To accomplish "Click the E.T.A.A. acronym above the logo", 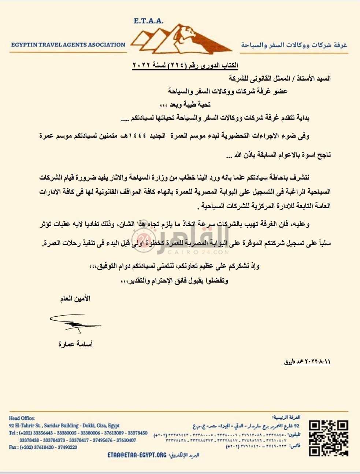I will (x=149, y=21).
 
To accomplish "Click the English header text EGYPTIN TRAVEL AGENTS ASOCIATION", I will (x=68, y=45).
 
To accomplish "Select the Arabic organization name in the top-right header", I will (x=294, y=45).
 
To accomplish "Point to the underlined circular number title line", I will (x=185, y=66).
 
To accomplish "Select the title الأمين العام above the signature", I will (x=75, y=299).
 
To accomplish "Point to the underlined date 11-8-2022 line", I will (x=307, y=362).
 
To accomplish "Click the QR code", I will (x=328, y=438).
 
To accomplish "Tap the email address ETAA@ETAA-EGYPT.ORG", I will (x=137, y=455).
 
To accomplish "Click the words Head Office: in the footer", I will (x=22, y=418).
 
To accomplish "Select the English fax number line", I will (x=43, y=447).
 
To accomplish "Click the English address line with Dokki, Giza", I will (x=64, y=426).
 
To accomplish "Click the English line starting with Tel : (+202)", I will (x=78, y=433).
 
